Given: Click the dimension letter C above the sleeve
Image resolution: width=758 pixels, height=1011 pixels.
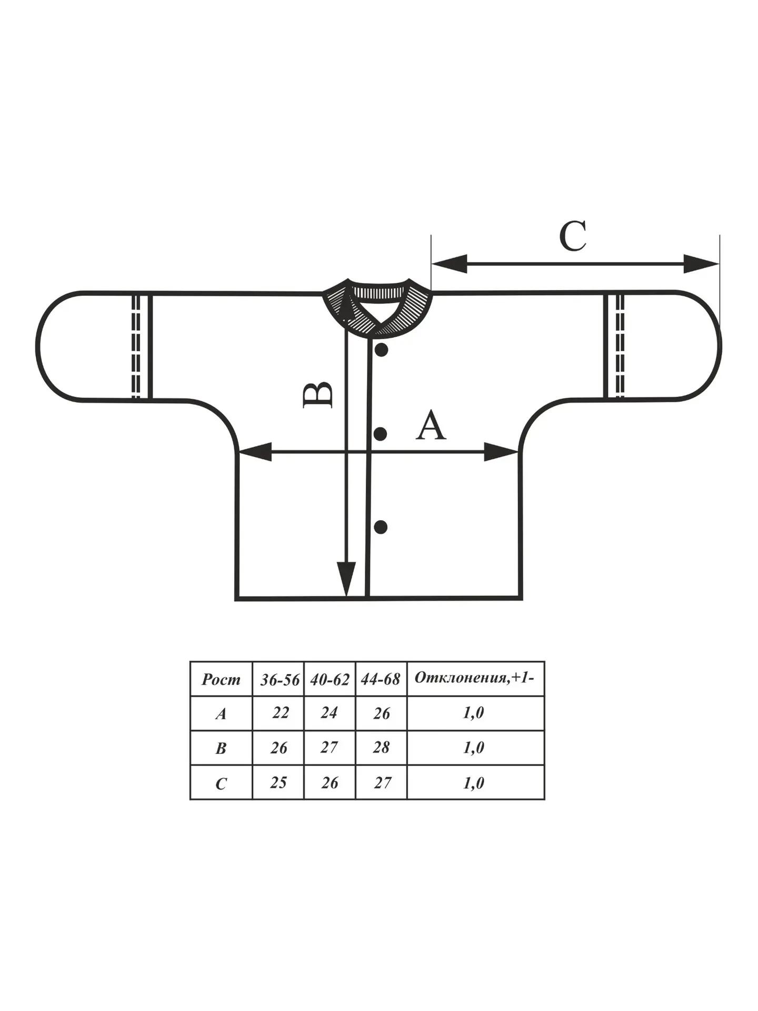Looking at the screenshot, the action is (x=573, y=236).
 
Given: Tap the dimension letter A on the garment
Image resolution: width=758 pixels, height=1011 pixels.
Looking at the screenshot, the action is (x=431, y=425).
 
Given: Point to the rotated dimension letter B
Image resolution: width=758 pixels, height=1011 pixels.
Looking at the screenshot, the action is (x=318, y=394).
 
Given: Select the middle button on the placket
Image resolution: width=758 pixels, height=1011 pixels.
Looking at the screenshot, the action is (x=381, y=433).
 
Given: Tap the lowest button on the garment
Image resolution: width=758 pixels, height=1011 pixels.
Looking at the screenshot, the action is (x=381, y=527).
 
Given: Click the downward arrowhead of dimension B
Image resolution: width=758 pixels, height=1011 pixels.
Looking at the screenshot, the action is (x=346, y=579).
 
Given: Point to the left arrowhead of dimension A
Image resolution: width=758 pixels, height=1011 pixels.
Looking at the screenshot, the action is (x=255, y=452).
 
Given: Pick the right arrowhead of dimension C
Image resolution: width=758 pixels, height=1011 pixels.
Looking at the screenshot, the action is (x=701, y=264).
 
